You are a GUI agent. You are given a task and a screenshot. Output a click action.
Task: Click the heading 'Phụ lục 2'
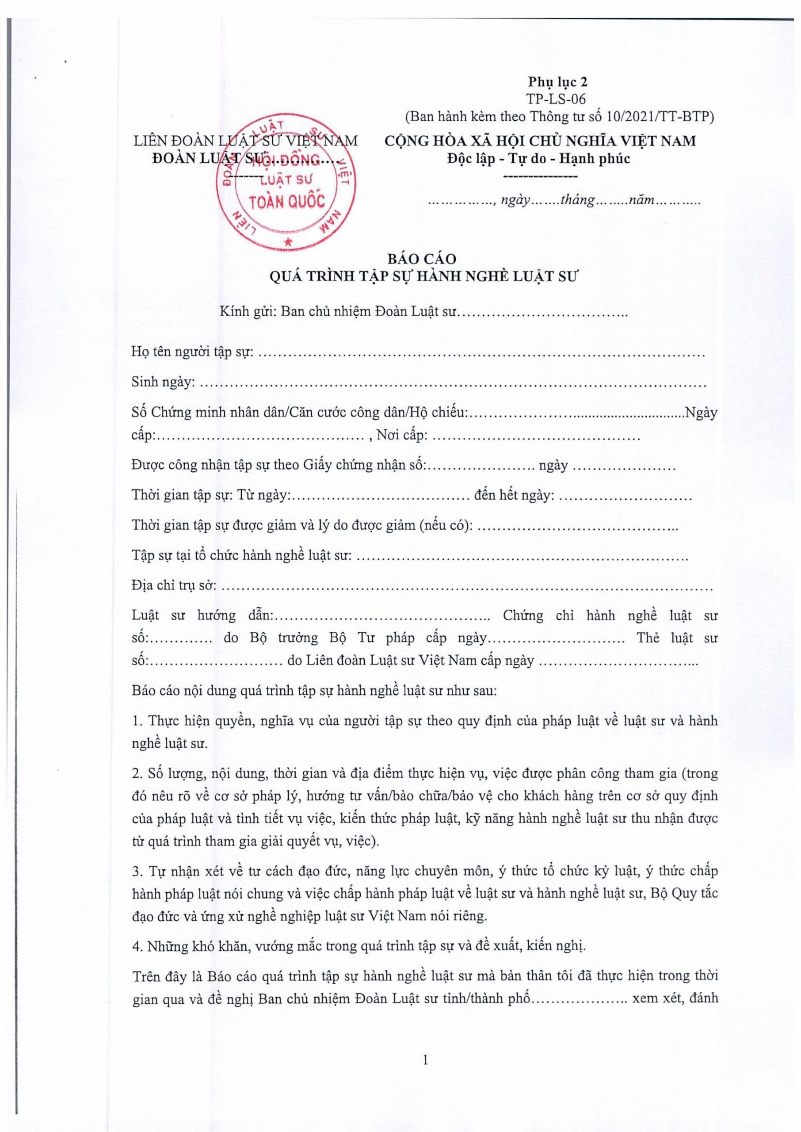coord(558,81)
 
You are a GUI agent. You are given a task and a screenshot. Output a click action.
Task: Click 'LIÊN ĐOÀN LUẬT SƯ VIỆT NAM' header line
coord(246,141)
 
